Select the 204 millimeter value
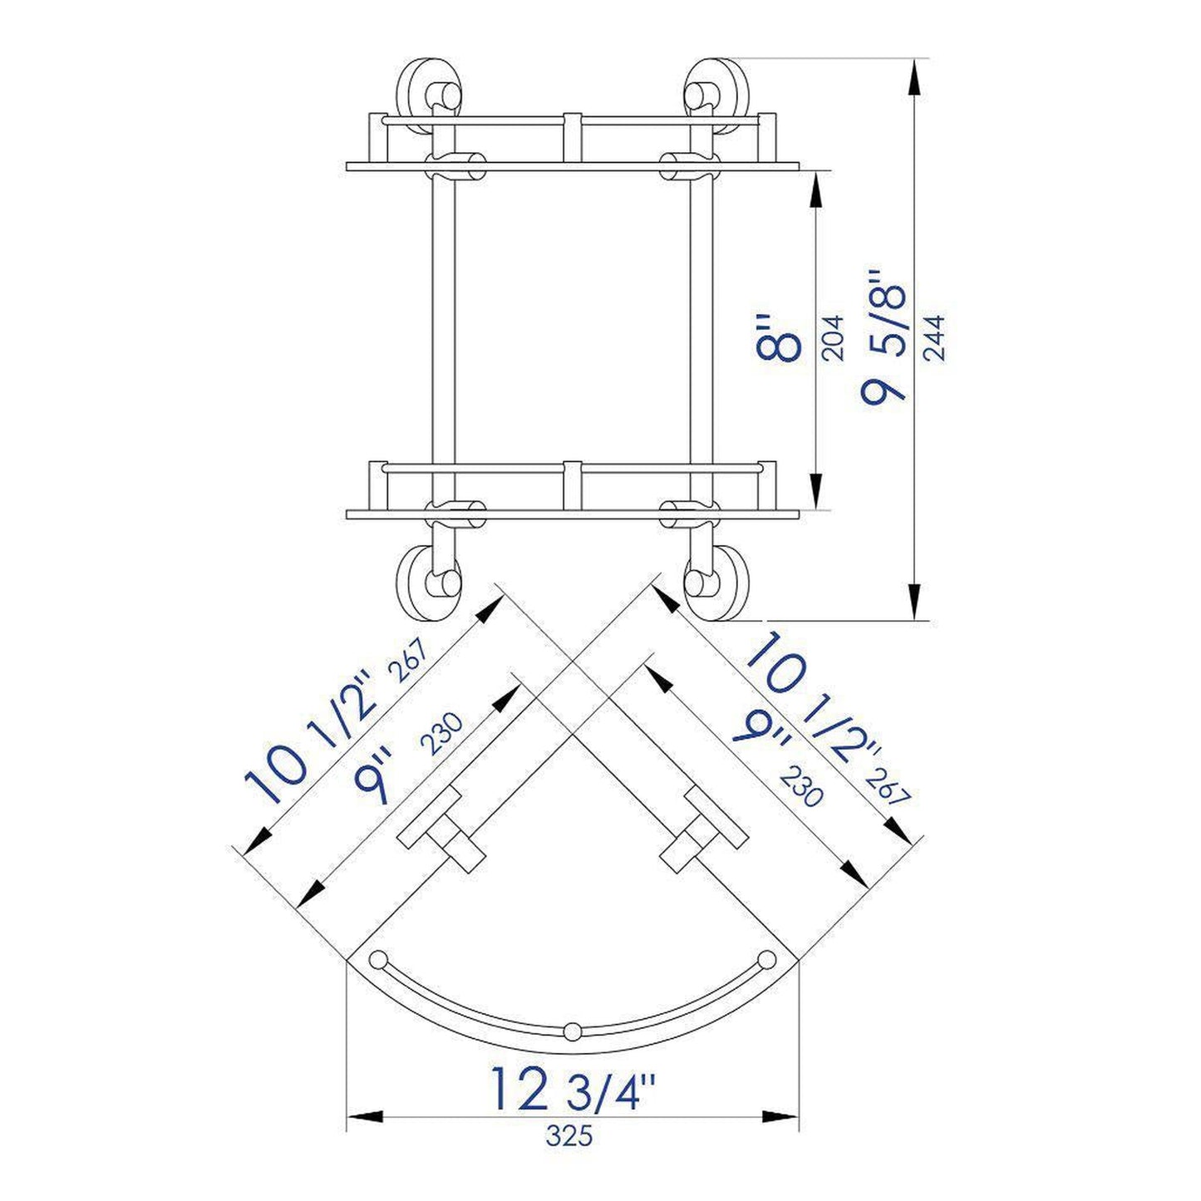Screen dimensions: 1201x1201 [832, 337]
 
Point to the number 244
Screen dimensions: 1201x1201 [934, 337]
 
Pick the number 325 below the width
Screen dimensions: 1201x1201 [569, 1135]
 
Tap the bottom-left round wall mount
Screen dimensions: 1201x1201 [430, 581]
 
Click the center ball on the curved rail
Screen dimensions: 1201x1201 [571, 1031]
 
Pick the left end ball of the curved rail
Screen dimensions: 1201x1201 [378, 958]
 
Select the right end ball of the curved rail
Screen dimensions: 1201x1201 [765, 958]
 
